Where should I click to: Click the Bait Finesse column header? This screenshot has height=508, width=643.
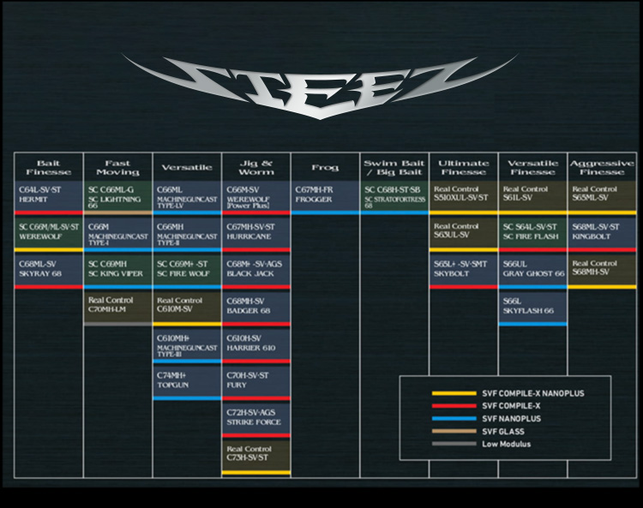49,167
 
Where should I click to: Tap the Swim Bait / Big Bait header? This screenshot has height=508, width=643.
394,167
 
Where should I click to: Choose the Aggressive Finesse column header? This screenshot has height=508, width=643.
602,167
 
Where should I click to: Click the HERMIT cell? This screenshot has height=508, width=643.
49,194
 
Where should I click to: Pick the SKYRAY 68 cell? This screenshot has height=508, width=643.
49,269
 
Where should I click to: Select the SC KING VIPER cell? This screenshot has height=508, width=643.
117,269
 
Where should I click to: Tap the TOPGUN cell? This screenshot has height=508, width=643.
187,380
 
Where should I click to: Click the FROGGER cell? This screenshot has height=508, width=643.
325,194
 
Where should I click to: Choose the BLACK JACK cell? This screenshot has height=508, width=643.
256,269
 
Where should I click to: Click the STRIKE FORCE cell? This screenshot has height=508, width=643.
256,417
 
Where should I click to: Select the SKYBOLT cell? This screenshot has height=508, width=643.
463,269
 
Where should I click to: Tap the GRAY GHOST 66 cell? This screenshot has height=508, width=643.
532,269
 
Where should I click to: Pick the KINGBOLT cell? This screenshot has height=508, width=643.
602,231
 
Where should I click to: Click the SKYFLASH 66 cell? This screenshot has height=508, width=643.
532,307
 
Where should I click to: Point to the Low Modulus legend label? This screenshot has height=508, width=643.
505,444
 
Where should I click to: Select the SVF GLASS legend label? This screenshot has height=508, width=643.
502,431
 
